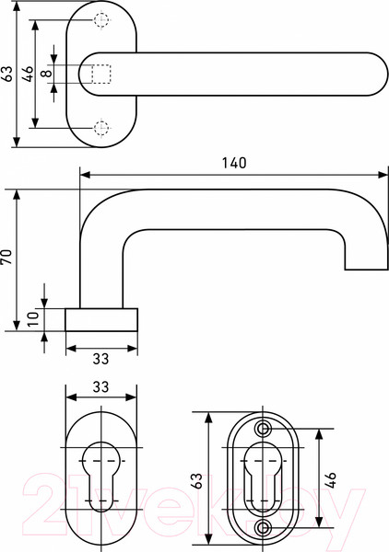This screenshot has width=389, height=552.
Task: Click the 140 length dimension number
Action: [234, 163]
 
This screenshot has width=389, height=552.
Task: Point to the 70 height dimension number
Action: [7, 258]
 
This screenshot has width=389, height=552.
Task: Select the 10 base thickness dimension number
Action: [34, 319]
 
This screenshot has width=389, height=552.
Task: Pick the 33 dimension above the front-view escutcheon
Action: [101, 386]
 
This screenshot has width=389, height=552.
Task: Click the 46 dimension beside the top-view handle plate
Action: [28, 75]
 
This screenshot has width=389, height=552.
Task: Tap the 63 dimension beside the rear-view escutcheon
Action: [196, 478]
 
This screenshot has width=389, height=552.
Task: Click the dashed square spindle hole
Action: [101, 75]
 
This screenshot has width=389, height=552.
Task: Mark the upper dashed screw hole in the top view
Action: [102, 21]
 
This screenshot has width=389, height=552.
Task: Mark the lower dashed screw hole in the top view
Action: [102, 127]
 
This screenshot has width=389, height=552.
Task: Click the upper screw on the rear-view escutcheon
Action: [265, 430]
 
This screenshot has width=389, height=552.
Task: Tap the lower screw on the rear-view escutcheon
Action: [265, 527]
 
